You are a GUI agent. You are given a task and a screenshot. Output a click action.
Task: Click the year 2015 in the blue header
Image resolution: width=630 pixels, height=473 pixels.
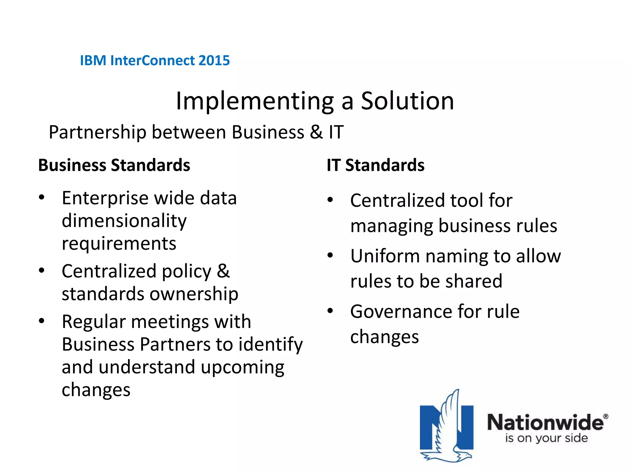[x=214, y=60]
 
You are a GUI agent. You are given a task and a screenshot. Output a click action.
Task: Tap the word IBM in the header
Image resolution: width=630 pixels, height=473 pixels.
[x=93, y=60]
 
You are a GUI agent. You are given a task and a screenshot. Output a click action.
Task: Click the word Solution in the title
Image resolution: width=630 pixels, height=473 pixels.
[x=407, y=101]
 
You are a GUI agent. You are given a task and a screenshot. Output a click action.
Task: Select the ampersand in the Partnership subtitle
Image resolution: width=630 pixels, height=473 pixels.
[x=316, y=132]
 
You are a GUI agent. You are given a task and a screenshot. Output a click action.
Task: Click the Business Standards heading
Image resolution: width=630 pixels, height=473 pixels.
[x=114, y=165]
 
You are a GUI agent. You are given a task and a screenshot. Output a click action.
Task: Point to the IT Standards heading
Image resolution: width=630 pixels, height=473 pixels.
[x=375, y=165]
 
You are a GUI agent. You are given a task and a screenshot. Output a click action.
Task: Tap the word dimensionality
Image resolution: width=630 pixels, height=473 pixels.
[x=124, y=221]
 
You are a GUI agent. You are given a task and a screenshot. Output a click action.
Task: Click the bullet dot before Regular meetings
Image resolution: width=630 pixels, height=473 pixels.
[x=42, y=321]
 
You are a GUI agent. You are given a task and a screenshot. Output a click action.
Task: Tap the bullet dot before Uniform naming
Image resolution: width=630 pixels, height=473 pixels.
[x=330, y=255]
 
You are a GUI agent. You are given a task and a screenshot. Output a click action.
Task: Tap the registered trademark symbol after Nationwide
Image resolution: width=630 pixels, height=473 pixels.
[x=605, y=416]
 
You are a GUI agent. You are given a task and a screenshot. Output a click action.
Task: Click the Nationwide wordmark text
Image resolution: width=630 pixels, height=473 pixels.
[x=545, y=422]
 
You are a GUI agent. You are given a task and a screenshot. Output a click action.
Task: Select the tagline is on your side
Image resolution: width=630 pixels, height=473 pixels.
[x=546, y=438]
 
